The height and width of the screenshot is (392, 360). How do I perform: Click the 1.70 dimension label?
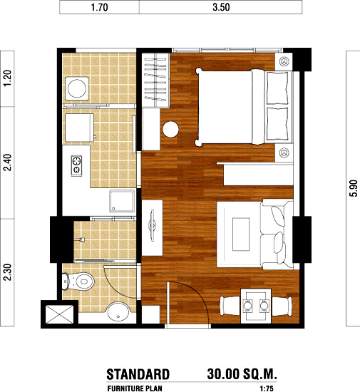coord(99,7)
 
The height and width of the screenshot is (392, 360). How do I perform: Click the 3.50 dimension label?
coord(221,7)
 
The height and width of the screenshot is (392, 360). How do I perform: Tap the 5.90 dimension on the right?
coord(354,188)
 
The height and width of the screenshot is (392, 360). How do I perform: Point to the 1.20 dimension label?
coord(8,78)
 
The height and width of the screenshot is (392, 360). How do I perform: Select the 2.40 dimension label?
coord(8,163)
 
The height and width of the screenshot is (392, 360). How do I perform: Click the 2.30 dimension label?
coord(8,272)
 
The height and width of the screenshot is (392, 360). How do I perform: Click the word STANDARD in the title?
coord(138,374)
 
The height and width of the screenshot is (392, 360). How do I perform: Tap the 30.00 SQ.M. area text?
coord(242,374)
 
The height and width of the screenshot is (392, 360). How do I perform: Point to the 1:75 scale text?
coord(266,388)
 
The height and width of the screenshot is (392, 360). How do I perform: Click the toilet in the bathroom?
coord(78,282)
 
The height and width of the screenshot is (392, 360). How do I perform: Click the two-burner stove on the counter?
coord(76,166)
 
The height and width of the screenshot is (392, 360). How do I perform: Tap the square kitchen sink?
coord(122,201)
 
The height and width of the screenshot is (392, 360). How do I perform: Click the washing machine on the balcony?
coord(77,88)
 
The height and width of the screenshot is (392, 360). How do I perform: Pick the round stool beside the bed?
coord(170,129)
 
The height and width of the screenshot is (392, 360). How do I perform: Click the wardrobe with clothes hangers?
coord(155,81)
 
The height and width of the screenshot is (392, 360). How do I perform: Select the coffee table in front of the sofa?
coord(241,234)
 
